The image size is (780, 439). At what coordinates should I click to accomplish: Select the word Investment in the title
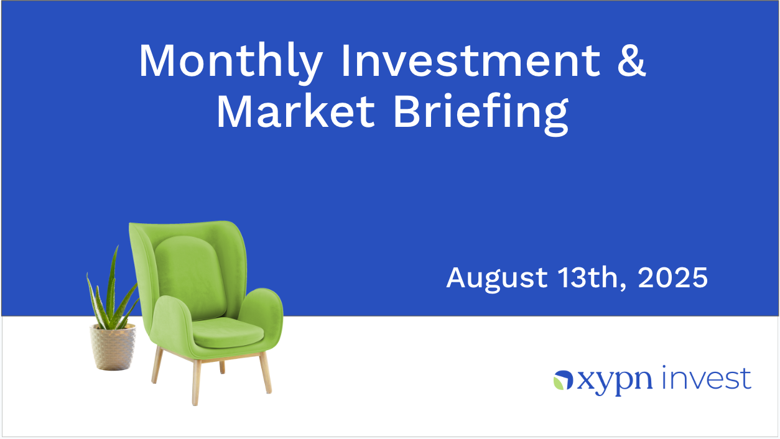coord(471,60)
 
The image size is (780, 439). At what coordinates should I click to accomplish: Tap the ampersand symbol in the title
coord(631,60)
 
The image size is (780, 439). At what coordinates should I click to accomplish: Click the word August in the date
coord(497,279)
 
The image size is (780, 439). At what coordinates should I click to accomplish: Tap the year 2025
coord(673,277)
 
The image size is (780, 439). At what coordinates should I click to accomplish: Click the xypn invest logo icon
coord(563,380)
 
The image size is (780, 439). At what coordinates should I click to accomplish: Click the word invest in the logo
coord(706,378)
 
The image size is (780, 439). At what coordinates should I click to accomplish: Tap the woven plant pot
coord(113,347)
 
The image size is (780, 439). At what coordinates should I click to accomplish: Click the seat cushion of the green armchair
coord(228,333)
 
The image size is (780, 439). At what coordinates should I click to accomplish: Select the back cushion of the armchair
coord(191,277)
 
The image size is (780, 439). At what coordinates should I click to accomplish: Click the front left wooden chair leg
coord(196,382)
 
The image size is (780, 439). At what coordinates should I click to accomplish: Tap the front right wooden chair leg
coord(266,372)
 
